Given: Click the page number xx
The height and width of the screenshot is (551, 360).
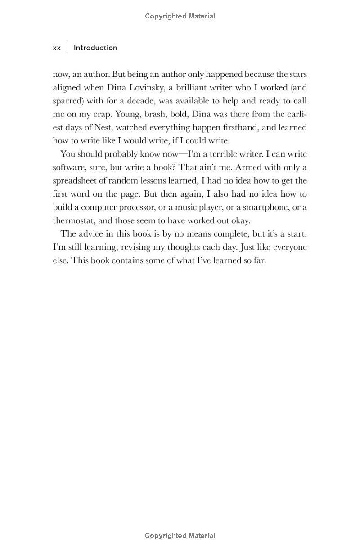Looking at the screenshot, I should click(57, 48).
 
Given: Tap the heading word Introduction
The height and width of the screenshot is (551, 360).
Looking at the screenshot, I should click(95, 48).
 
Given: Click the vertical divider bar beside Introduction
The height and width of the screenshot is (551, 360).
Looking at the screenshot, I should click(67, 48).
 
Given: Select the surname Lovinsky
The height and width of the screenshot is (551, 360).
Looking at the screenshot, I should click(146, 87).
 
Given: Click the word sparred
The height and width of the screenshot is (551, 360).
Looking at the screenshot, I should click(67, 101).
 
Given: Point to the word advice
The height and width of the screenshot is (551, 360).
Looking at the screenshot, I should click(92, 234).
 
